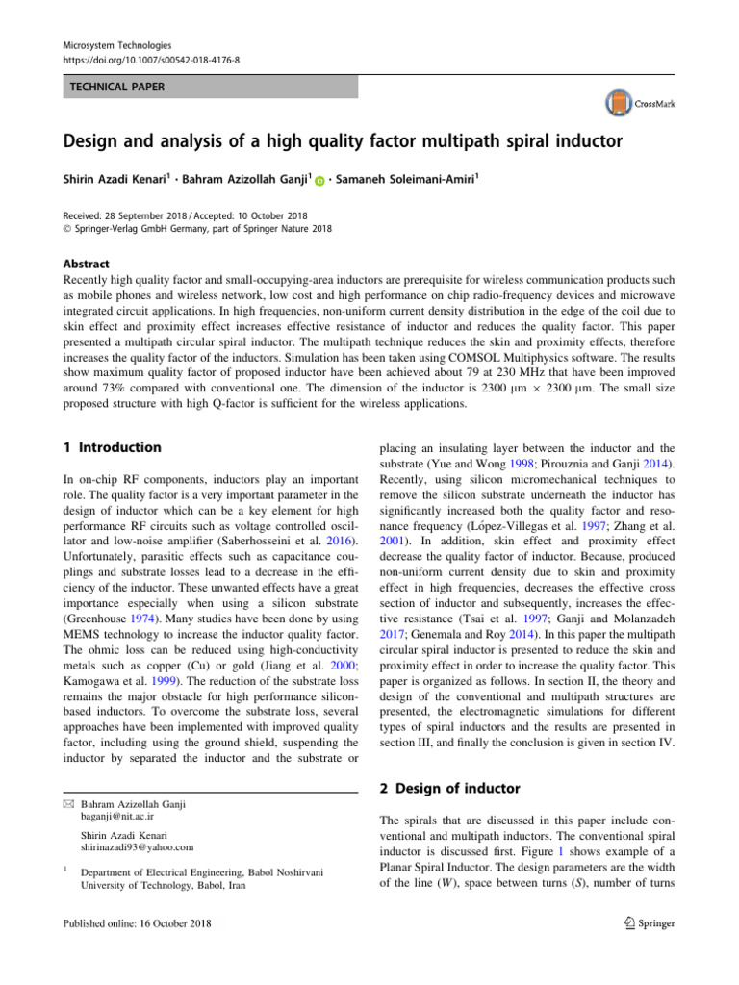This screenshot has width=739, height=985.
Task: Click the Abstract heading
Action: pos(86,264)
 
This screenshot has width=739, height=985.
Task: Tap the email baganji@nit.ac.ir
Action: pos(123,817)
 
